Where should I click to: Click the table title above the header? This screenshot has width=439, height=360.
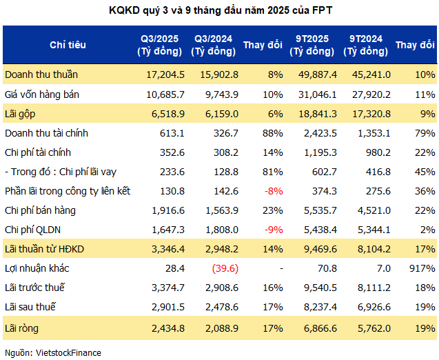(x=219, y=11)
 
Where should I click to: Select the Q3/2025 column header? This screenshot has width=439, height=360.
(x=160, y=45)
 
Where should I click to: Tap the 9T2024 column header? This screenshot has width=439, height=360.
(x=367, y=45)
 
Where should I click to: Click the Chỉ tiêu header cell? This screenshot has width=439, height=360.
(x=68, y=45)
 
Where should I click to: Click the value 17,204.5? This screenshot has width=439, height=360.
(x=165, y=74)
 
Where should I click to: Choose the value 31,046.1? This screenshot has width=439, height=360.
(x=316, y=93)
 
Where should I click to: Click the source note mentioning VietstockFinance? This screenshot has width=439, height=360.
(x=53, y=352)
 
